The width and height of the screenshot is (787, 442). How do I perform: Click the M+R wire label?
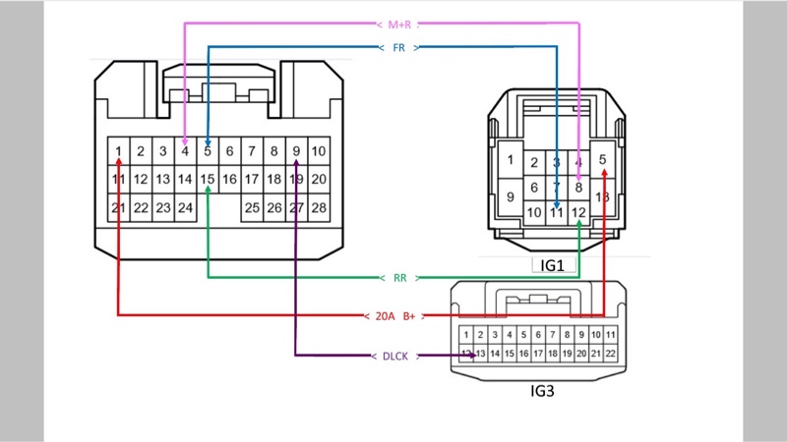(399, 24)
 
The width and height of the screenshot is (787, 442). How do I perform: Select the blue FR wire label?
(399, 47)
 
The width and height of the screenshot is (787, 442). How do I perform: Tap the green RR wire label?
(399, 278)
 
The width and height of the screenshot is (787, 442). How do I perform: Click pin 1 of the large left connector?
(118, 151)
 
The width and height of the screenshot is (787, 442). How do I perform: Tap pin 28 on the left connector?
(319, 207)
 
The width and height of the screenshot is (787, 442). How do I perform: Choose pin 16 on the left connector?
(229, 179)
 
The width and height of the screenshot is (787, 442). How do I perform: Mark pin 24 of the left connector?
(185, 207)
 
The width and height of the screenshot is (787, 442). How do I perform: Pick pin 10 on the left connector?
(319, 151)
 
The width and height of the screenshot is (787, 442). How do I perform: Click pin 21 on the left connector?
(118, 207)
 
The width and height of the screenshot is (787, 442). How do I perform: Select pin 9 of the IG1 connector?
(510, 196)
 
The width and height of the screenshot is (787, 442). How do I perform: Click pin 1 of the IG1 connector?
(510, 160)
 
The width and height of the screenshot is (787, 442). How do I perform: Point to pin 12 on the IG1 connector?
(578, 212)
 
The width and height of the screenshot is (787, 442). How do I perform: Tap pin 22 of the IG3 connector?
(611, 354)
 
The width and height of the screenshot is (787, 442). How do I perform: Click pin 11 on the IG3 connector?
(611, 336)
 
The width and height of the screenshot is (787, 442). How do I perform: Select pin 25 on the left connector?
(252, 207)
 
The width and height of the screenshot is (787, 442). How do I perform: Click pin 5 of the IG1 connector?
(603, 160)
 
